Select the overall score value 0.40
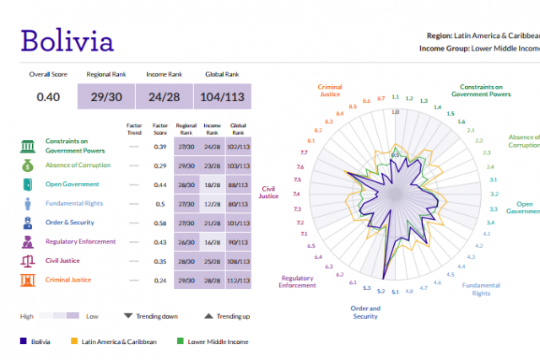coord(48,97)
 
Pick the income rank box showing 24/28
coord(164,97)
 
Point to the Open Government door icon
coord(28,184)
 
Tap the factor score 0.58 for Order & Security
coord(159,223)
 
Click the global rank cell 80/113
coord(239,203)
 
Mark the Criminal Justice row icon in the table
coord(28,280)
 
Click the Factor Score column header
coord(159,128)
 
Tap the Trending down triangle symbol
coord(128,316)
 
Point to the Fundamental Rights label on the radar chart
coord(480,288)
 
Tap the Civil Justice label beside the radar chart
coord(268,191)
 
